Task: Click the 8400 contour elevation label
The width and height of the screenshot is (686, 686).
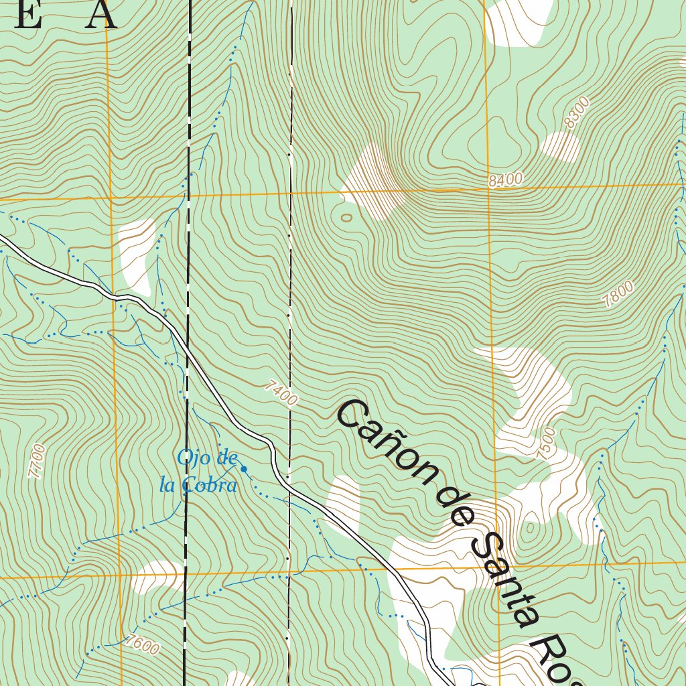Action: click(x=505, y=180)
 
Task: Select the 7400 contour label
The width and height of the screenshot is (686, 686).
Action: click(x=281, y=393)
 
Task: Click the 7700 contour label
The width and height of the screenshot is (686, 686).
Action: click(x=38, y=461)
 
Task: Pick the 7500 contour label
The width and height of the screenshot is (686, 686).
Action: click(x=546, y=443)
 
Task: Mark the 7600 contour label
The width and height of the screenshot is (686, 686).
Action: click(x=141, y=644)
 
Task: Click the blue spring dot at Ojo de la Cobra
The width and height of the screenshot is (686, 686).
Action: click(x=244, y=469)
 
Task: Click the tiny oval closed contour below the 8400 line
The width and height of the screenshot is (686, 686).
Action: click(x=346, y=217)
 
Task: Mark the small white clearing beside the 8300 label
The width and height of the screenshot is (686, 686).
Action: click(x=560, y=147)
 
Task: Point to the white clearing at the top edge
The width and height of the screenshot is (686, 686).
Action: click(x=519, y=21)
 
